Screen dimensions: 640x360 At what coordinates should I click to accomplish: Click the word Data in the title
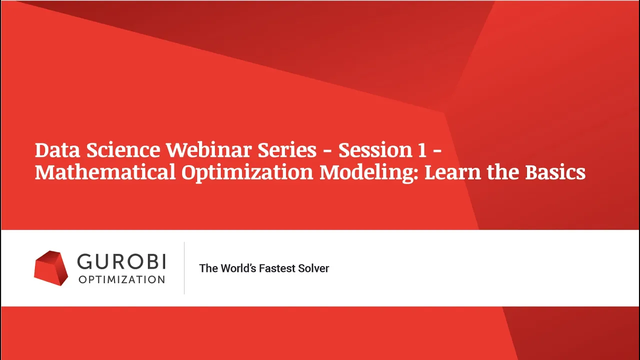pyautogui.click(x=57, y=150)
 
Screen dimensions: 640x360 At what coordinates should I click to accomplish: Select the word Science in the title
pyautogui.click(x=123, y=150)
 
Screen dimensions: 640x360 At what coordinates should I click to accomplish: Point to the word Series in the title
pyautogui.click(x=287, y=150)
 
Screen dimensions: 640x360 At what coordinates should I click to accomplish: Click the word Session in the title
pyautogui.click(x=375, y=150)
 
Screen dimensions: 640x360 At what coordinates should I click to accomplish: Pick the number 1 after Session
pyautogui.click(x=422, y=150)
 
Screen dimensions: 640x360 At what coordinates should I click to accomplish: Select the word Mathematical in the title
pyautogui.click(x=105, y=172)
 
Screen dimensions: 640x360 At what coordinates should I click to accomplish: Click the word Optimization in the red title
pyautogui.click(x=247, y=173)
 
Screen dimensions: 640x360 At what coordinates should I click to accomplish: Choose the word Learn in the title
pyautogui.click(x=453, y=172)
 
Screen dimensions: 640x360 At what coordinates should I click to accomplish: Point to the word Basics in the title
pyautogui.click(x=555, y=172)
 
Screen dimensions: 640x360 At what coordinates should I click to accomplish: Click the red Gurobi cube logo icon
pyautogui.click(x=51, y=268)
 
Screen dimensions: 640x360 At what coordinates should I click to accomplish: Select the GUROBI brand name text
pyautogui.click(x=121, y=261)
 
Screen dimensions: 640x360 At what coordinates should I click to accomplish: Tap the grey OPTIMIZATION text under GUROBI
pyautogui.click(x=121, y=279)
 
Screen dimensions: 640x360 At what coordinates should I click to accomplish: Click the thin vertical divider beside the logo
pyautogui.click(x=184, y=268)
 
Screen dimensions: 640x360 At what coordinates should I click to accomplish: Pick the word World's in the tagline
pyautogui.click(x=238, y=268)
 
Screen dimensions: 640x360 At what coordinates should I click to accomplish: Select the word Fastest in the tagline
pyautogui.click(x=277, y=268)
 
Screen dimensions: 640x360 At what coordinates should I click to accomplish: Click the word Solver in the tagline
pyautogui.click(x=313, y=268)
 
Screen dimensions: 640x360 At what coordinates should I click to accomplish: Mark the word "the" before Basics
pyautogui.click(x=503, y=172)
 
